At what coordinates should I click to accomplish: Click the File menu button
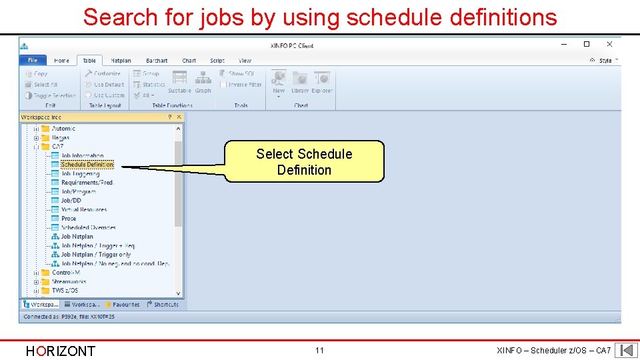coord(33,60)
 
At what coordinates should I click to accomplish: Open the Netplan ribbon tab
coord(121,61)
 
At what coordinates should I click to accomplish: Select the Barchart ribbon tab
coord(157,61)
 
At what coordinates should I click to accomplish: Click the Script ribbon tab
coord(217,61)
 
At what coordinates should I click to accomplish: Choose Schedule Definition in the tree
coord(87,165)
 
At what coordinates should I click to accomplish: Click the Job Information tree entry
coord(82,155)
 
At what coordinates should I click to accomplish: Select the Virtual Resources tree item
coord(83,209)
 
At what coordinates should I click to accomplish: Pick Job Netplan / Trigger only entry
coord(95,255)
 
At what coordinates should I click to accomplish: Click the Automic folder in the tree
coord(63,129)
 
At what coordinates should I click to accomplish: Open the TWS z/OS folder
coord(65,291)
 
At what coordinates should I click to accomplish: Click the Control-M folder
coord(65,273)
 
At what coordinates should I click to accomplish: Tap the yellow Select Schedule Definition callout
coord(304,161)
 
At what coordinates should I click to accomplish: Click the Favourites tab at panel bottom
coord(122,305)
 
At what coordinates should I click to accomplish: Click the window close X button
coord(609,44)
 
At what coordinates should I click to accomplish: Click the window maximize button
coord(587,44)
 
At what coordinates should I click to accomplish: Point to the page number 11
coord(319,351)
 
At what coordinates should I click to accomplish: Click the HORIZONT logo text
coord(60,351)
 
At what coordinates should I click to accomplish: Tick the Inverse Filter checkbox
coord(223,85)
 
